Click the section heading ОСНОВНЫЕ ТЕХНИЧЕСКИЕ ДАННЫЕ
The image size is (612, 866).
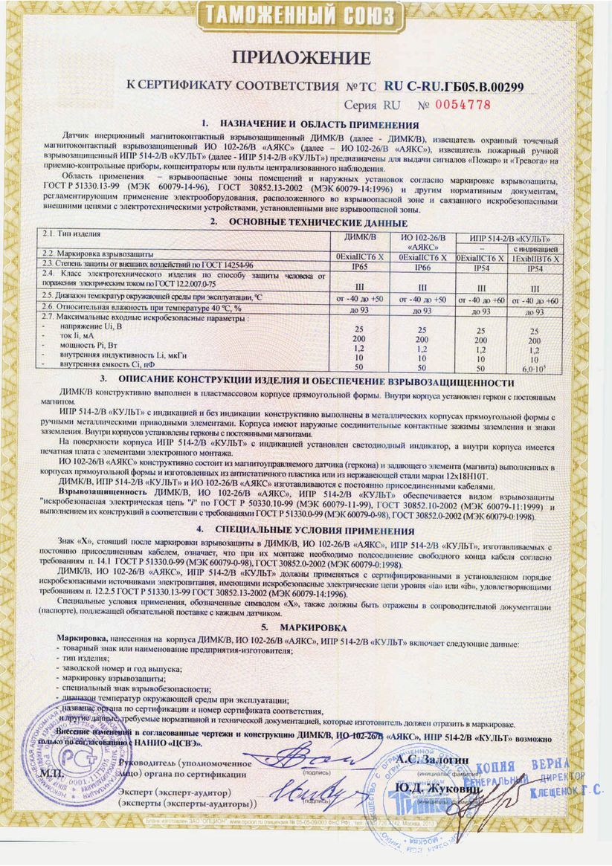tap(318, 222)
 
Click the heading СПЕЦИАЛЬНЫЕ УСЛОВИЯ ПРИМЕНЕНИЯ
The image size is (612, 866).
tap(313, 531)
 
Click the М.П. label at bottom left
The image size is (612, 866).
tap(54, 774)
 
